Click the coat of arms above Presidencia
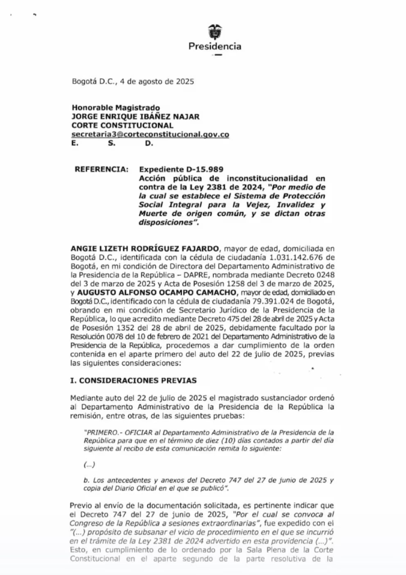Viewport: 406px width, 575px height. pos(214,31)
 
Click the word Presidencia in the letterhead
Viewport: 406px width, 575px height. pos(214,47)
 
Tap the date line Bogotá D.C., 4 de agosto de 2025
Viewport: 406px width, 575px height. pos(133,81)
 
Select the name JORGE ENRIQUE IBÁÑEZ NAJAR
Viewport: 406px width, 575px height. pos(136,117)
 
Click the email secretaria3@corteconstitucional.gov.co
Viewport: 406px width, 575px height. pos(150,135)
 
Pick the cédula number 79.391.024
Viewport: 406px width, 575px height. pos(263,301)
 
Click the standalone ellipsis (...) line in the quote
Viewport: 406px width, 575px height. pos(89,464)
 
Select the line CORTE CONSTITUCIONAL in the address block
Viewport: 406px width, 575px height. pos(122,126)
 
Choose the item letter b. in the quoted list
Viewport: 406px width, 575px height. pos(86,479)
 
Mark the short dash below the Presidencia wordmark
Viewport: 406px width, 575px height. pos(218,56)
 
